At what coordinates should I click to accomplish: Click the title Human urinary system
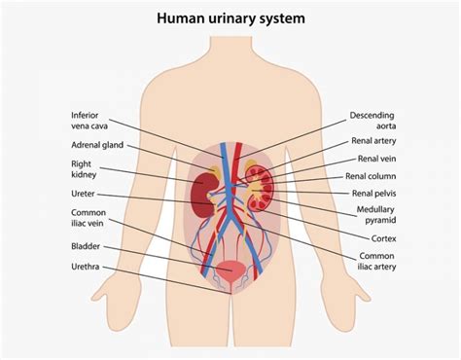pos(230,18)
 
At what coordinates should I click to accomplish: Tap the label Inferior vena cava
pos(89,119)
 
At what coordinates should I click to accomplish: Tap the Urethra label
pos(87,266)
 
